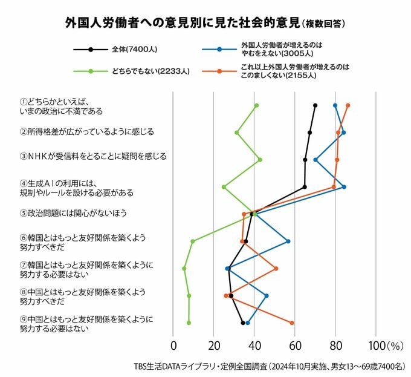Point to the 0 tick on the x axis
point(173,347)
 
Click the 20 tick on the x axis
point(214,347)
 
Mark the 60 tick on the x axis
point(295,347)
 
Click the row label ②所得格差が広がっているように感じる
point(87,131)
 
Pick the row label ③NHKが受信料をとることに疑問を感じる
point(93,156)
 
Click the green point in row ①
point(256,106)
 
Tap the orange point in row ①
point(348,105)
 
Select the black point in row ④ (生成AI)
point(305,187)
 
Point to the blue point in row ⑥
point(288,241)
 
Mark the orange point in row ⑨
point(292,323)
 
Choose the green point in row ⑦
point(184,269)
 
